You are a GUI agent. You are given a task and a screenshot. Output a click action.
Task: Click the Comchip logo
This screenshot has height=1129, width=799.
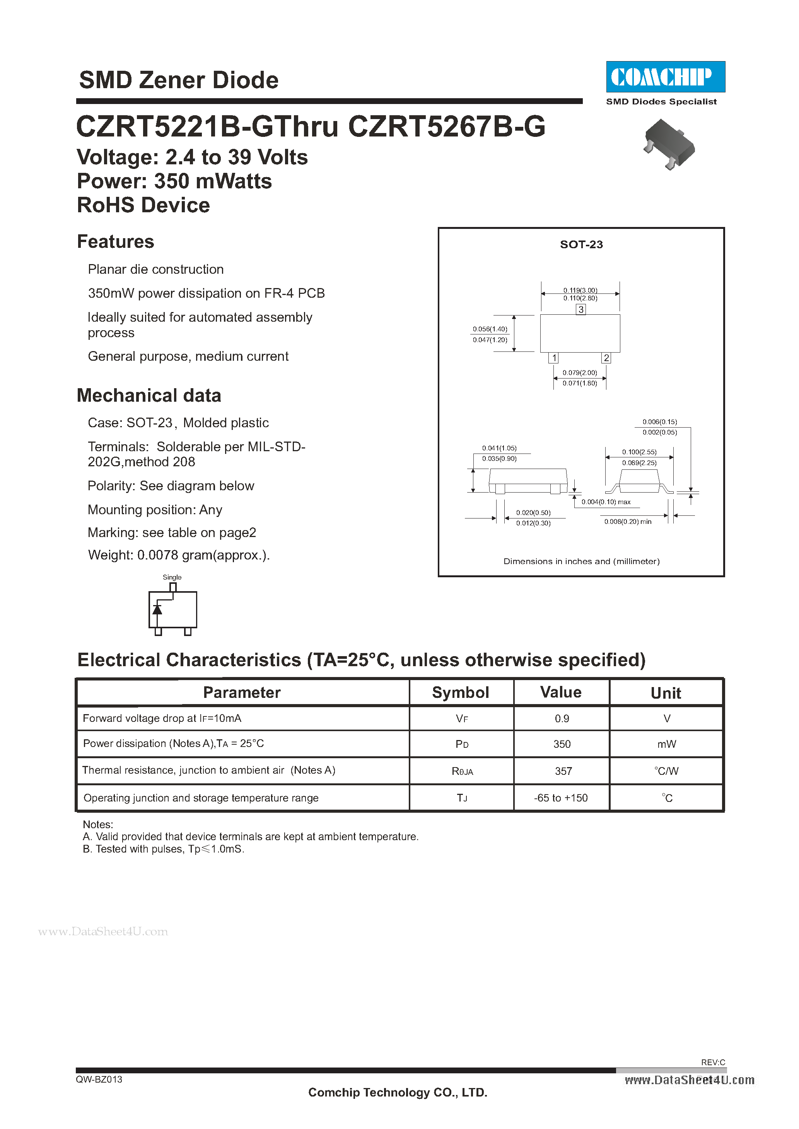click(x=665, y=77)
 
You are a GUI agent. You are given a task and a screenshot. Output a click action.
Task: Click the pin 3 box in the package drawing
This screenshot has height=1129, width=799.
click(x=581, y=309)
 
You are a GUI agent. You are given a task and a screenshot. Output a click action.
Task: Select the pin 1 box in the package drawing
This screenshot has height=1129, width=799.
click(x=554, y=358)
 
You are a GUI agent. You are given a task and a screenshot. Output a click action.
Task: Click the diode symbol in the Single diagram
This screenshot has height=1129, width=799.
click(x=157, y=609)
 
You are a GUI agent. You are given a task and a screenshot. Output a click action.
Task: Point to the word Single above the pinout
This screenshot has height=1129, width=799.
click(x=172, y=577)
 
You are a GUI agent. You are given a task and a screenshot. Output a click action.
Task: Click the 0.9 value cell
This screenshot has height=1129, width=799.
click(x=562, y=719)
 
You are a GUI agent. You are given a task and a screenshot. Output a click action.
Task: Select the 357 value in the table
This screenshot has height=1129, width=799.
click(x=563, y=771)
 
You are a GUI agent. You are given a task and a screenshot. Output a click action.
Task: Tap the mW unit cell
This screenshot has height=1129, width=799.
click(x=667, y=744)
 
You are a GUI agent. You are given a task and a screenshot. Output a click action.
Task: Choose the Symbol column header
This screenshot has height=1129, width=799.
click(x=461, y=692)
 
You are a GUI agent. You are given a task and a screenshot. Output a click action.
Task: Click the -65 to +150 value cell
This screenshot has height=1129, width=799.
click(x=561, y=798)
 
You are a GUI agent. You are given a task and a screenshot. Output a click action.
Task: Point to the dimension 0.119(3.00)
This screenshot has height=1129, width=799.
click(x=580, y=290)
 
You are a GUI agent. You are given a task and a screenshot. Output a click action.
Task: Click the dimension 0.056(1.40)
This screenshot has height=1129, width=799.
click(x=490, y=329)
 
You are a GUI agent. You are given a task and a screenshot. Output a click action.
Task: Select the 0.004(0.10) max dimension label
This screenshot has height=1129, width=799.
click(x=606, y=502)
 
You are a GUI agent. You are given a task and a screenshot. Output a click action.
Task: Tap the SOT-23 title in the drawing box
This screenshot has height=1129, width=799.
click(x=582, y=244)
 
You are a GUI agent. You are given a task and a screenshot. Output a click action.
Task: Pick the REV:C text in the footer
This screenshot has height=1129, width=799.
click(x=713, y=1062)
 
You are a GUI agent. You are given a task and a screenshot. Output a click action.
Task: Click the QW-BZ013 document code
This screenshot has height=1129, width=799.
click(x=99, y=1080)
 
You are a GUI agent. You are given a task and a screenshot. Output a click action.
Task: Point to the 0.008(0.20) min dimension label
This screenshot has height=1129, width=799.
click(x=628, y=522)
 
